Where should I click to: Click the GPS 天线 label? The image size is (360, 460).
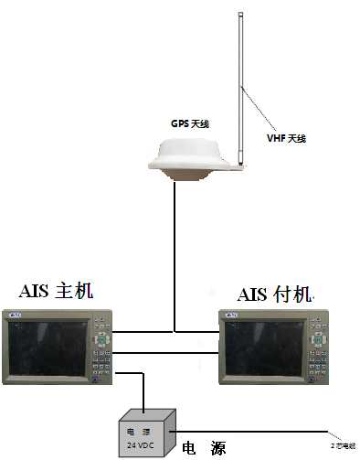pos(190,123)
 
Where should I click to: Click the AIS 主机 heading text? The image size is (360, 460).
pos(57,292)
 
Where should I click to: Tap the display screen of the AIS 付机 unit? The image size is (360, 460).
pos(266,351)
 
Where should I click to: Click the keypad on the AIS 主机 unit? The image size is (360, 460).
pos(101,353)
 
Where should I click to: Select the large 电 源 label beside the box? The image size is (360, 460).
pos(204,447)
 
